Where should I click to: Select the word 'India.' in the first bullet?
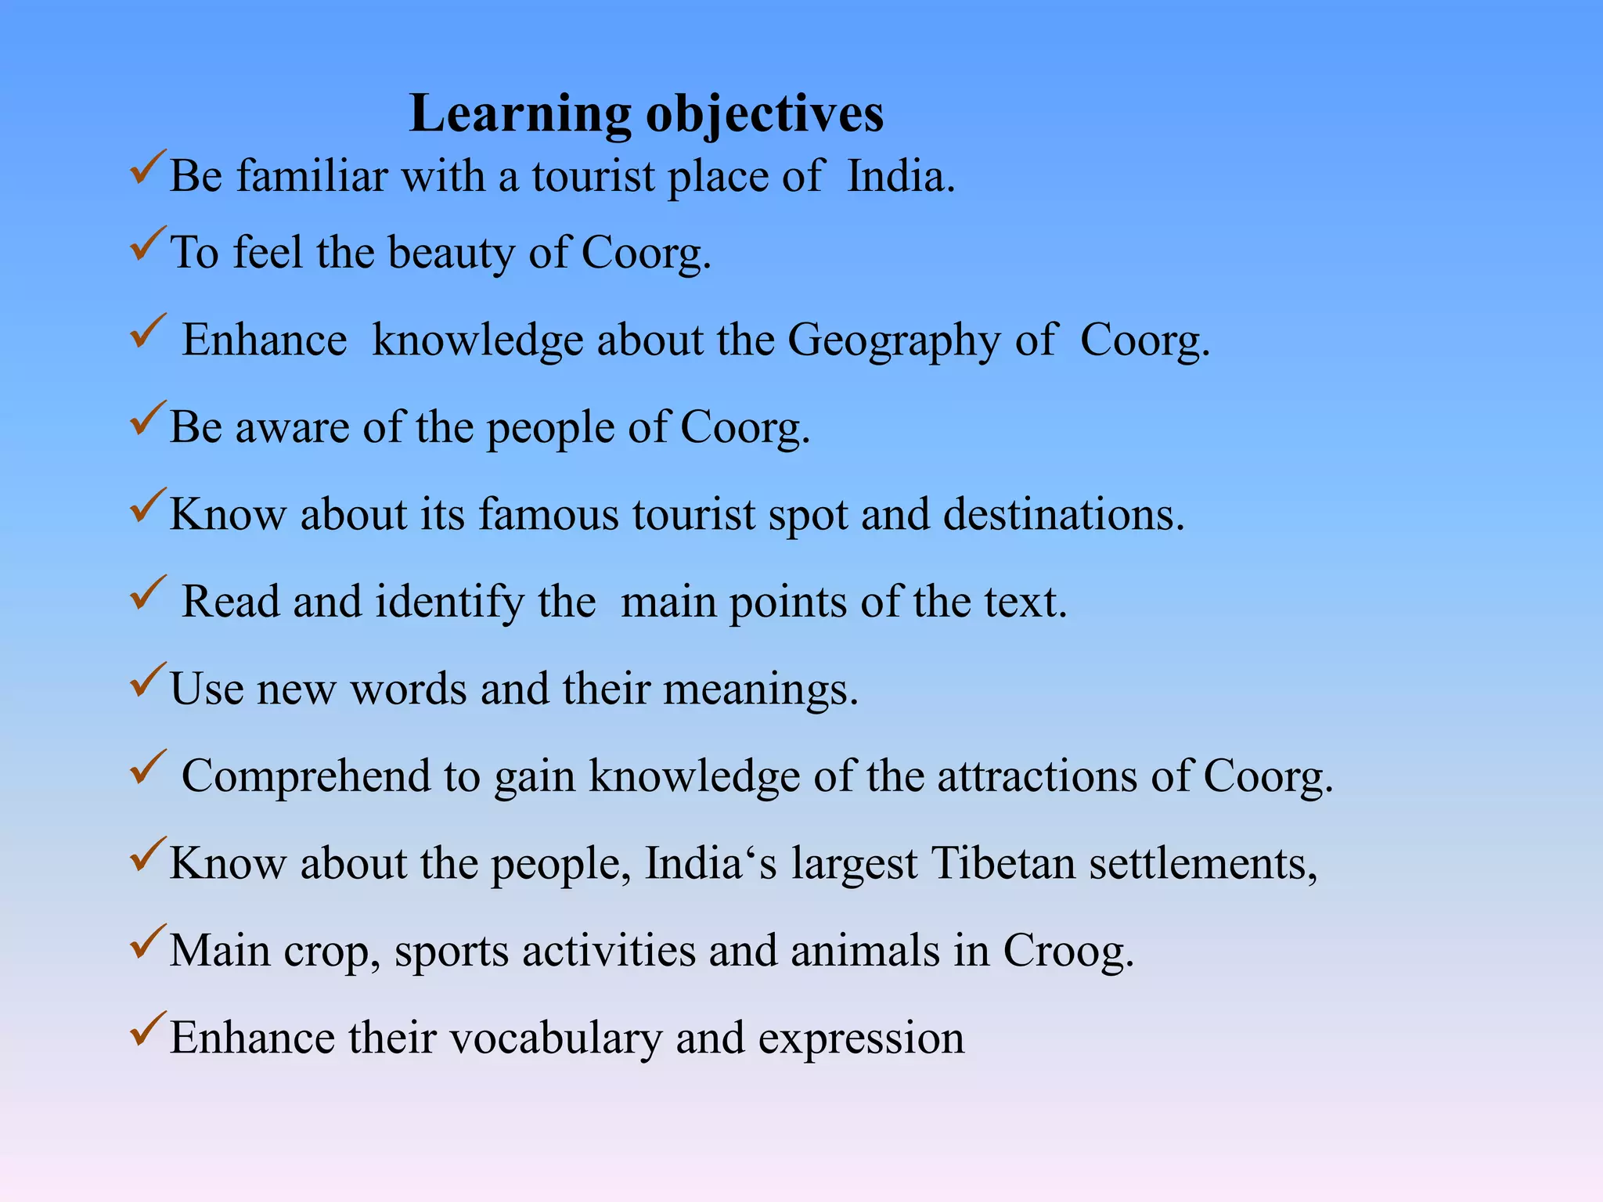click(x=901, y=176)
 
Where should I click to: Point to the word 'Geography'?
click(x=893, y=340)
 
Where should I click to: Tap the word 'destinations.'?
click(x=1064, y=515)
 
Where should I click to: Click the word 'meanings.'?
click(x=761, y=689)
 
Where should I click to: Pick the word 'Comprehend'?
click(x=306, y=776)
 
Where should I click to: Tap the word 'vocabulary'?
click(x=556, y=1038)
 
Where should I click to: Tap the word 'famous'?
click(x=549, y=515)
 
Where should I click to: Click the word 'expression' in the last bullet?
click(x=861, y=1038)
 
